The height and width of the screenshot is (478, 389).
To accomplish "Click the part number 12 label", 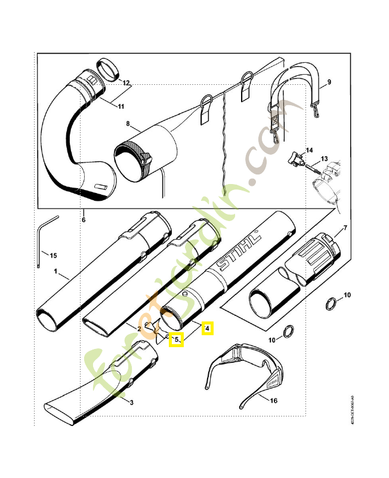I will (x=126, y=82).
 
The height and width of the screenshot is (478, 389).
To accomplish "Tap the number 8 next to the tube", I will (x=127, y=124).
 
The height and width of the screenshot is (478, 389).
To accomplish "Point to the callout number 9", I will (x=329, y=82).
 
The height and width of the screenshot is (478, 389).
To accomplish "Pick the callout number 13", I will (x=325, y=159).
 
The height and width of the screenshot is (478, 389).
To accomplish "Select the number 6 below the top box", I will (x=84, y=220).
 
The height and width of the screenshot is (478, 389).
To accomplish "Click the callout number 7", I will (x=345, y=229).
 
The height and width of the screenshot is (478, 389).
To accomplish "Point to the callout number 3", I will (x=131, y=402).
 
